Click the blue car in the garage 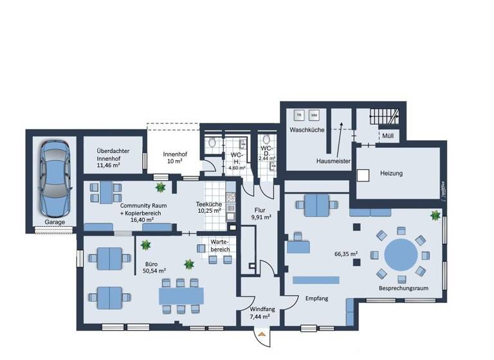coord(52,179)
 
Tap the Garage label coord(55,222)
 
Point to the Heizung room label coord(391,173)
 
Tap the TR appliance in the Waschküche coord(298,116)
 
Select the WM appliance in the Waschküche coord(314,116)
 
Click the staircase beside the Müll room coord(385,118)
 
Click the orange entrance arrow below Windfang coord(261,334)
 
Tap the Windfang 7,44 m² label coord(259,312)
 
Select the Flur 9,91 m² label coord(261,213)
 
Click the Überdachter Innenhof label coord(113,158)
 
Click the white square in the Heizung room coord(363,174)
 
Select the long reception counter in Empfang coord(316,279)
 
